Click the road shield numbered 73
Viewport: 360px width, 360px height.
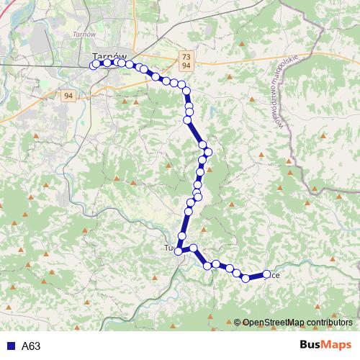click(186, 56)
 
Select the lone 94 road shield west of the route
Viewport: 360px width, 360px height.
click(68, 96)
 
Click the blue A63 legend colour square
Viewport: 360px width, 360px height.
click(9, 346)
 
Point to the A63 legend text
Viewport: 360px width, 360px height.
click(30, 346)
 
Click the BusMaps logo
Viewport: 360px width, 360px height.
click(325, 345)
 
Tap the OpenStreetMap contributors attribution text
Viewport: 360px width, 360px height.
click(297, 322)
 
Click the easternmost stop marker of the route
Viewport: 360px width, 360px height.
click(266, 274)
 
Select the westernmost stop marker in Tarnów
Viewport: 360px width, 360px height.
click(94, 65)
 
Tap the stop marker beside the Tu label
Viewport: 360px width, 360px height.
click(179, 251)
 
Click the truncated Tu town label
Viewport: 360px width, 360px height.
click(170, 248)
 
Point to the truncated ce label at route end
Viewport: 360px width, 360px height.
click(275, 275)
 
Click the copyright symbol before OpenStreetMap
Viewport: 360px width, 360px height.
click(238, 322)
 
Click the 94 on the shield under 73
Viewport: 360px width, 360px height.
click(186, 66)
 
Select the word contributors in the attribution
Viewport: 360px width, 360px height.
click(330, 322)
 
